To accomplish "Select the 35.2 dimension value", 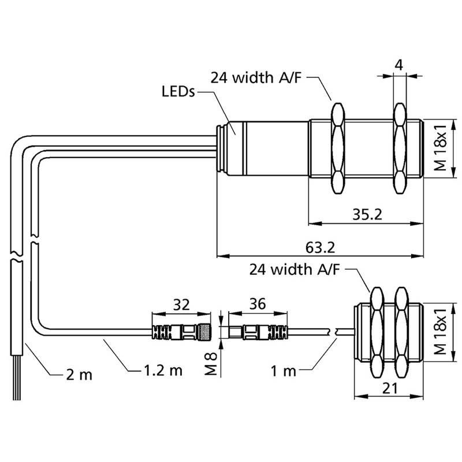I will (x=367, y=214).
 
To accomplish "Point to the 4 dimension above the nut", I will (x=399, y=65).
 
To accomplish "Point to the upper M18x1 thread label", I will (x=441, y=149).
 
